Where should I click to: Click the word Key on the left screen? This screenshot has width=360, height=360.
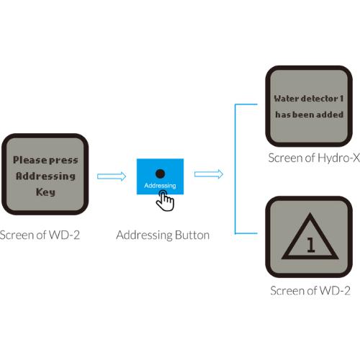pos(45,192)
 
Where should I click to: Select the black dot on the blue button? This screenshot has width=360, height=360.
pos(160,174)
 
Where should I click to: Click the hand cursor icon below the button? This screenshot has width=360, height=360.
pos(165,201)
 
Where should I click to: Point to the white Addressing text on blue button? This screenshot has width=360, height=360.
pos(160,186)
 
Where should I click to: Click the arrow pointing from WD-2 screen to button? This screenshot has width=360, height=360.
pos(112,176)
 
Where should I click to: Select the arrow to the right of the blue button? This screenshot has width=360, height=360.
pos(209,174)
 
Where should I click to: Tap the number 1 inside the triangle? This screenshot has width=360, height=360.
pos(311,245)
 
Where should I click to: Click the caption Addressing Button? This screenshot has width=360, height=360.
pos(163,235)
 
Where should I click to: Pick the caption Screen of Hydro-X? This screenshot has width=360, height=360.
pos(314,158)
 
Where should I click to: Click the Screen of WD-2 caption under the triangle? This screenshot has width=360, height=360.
pos(310,291)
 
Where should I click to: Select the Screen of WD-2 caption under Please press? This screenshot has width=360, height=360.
pos(40,235)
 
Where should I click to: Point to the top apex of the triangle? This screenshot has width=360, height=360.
pos(310,213)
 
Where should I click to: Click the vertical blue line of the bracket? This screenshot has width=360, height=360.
pos(235,168)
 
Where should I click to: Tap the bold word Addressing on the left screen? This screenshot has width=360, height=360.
pos(45,176)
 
